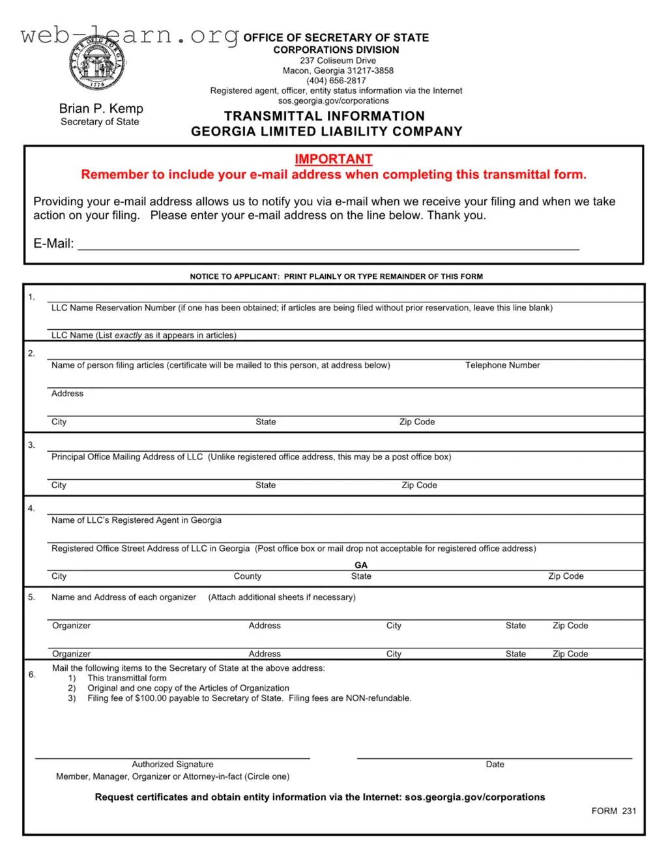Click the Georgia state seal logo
point(97,64)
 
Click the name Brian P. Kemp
point(101,108)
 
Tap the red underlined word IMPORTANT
point(333,159)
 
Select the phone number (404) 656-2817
point(336,81)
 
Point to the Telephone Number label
point(502,365)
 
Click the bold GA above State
point(361,565)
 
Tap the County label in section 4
point(248,576)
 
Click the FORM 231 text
point(613,811)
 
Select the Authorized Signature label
point(173,764)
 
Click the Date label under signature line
point(495,764)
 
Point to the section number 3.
point(31,445)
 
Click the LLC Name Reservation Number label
point(113,308)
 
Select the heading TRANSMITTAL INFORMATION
point(325,116)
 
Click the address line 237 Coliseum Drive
point(338,61)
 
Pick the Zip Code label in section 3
point(419,485)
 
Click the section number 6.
point(32,675)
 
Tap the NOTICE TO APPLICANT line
point(336,276)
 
